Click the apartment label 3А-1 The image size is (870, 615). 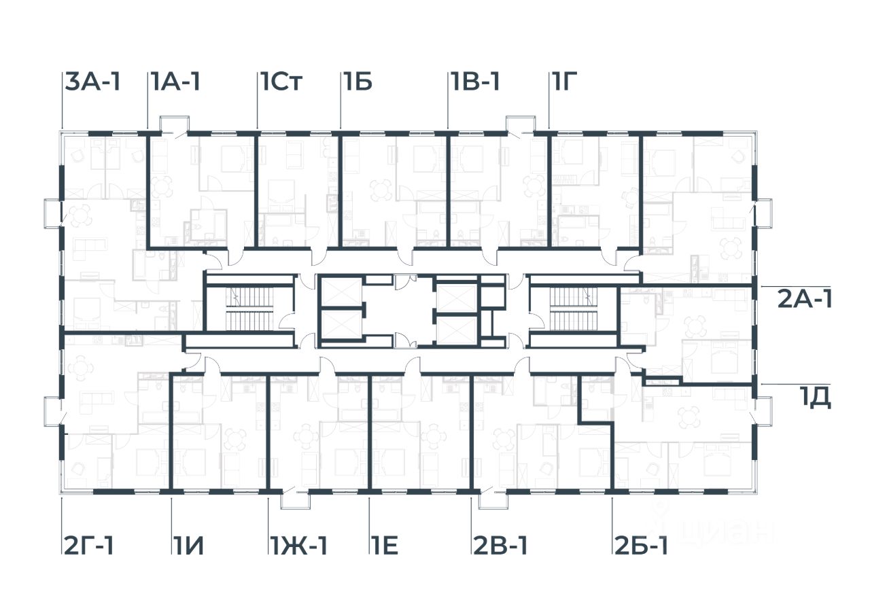(93, 82)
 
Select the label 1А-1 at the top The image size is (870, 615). (175, 82)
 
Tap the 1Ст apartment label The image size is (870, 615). (280, 82)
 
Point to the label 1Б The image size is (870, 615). (357, 82)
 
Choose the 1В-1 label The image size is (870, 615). (475, 82)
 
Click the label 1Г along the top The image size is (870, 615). (564, 82)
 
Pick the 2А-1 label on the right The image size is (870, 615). (805, 298)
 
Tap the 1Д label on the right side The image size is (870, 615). (815, 396)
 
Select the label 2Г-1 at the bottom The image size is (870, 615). (89, 545)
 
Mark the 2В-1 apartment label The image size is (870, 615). (500, 545)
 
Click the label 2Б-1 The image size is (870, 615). (641, 545)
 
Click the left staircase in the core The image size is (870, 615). (249, 309)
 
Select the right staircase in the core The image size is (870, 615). (572, 309)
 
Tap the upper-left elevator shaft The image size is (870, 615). (340, 291)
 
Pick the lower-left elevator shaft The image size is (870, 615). (340, 326)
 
